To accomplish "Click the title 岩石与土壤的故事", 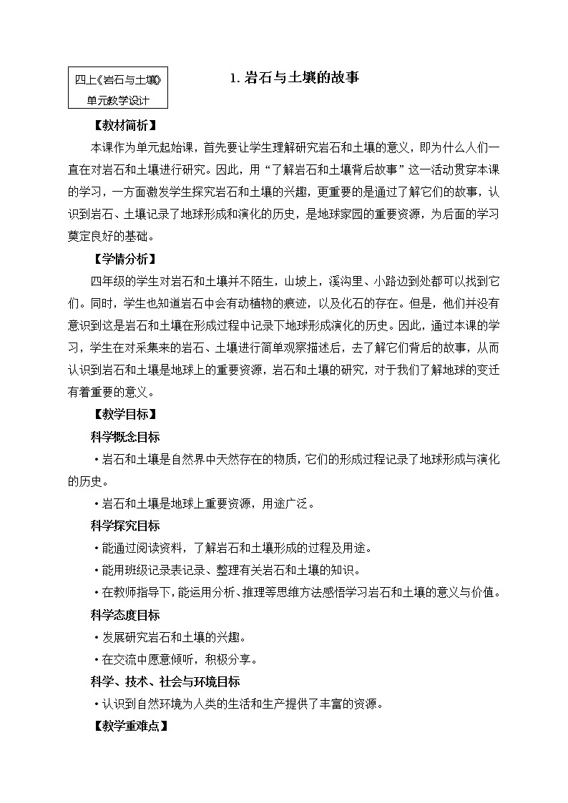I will (x=300, y=79).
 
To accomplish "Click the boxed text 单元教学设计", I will (x=118, y=101).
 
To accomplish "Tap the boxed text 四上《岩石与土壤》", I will (x=118, y=80).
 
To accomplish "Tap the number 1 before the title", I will (x=234, y=79).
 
